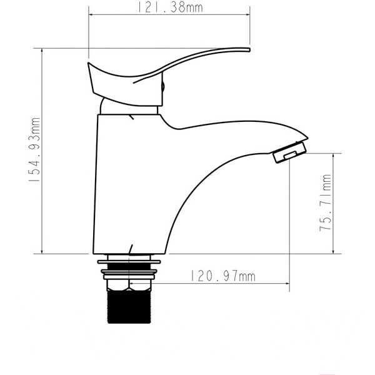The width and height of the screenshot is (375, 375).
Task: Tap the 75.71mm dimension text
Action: (326, 204)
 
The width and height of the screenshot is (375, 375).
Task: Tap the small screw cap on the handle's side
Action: (163, 87)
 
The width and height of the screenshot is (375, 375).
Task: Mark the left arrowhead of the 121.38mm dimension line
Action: (92, 14)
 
